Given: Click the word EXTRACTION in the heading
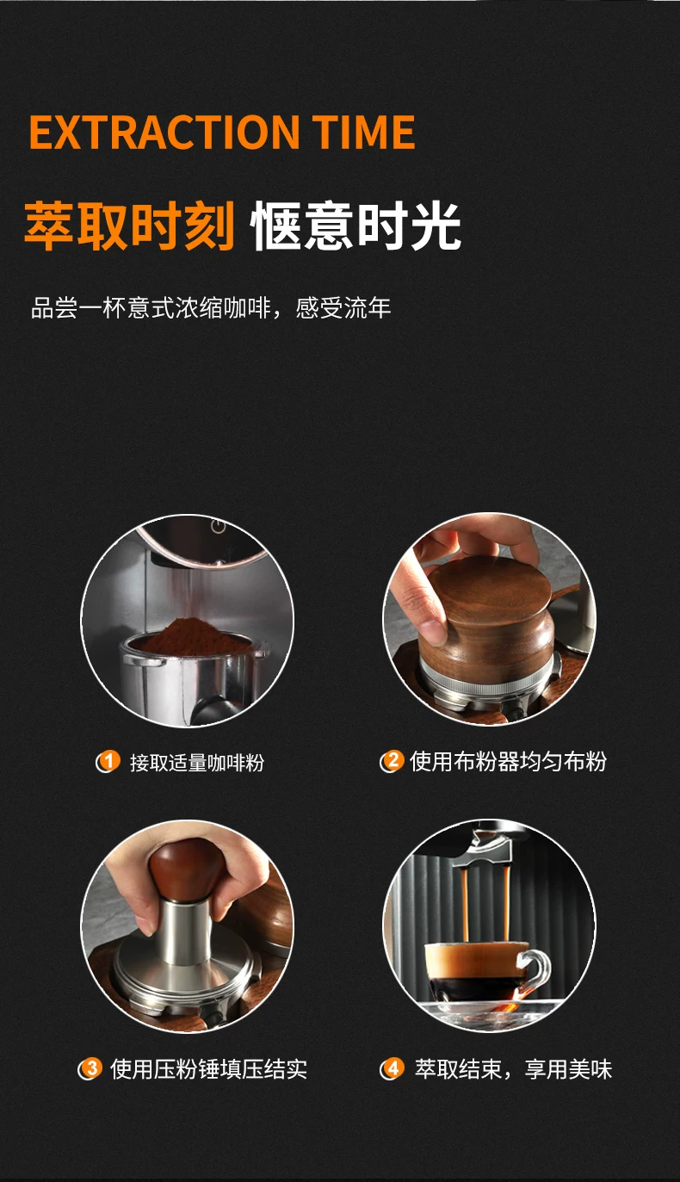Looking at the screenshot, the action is click(164, 132).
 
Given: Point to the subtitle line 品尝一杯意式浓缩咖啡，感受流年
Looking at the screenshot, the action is click(211, 308).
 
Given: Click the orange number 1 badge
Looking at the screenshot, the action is click(108, 761).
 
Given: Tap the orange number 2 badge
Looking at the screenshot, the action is click(393, 760).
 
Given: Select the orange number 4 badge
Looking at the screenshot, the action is click(393, 1068).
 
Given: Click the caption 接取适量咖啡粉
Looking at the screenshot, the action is click(197, 763).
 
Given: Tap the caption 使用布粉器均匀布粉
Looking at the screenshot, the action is click(509, 761).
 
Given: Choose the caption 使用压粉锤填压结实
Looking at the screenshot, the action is click(208, 1069).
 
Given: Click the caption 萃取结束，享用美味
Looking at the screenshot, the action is click(513, 1069).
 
